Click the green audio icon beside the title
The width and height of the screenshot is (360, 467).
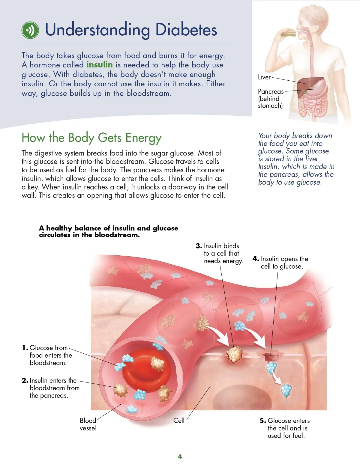click(x=30, y=30)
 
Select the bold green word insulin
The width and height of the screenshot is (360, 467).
click(x=100, y=65)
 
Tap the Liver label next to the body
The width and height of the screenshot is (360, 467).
click(x=264, y=77)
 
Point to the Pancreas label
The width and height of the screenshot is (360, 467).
click(x=271, y=91)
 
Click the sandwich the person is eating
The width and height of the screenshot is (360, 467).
click(x=288, y=32)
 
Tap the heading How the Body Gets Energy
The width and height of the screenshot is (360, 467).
click(x=91, y=138)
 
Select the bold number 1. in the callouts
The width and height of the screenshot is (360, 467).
click(x=25, y=348)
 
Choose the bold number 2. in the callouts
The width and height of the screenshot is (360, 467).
click(x=25, y=380)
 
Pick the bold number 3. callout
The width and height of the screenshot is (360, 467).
click(x=199, y=246)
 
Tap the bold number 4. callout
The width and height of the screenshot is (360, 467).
click(x=256, y=259)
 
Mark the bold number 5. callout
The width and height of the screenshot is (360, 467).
click(x=263, y=421)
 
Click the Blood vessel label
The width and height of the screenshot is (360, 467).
click(x=88, y=424)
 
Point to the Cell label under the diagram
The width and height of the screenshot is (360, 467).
click(x=179, y=421)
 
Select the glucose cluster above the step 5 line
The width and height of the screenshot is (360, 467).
click(x=286, y=390)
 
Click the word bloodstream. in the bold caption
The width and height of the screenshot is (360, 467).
click(x=117, y=235)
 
